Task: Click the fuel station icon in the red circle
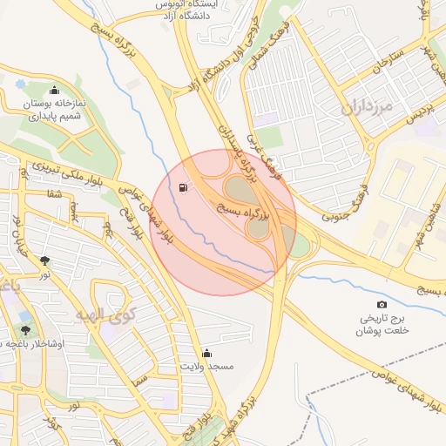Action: [x=182, y=188]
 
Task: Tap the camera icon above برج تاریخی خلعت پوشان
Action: [x=382, y=304]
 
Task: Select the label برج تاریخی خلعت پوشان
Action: [x=382, y=324]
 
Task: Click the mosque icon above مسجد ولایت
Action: [x=206, y=353]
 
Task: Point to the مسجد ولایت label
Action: [x=206, y=367]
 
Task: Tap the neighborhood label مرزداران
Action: [x=362, y=109]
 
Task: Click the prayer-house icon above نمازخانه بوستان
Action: [x=55, y=90]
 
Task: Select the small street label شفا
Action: [x=53, y=193]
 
